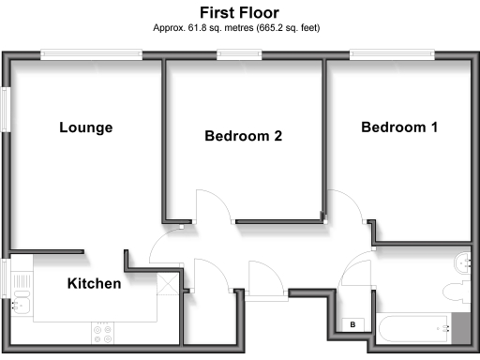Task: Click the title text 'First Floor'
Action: click(x=239, y=12)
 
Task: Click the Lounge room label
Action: click(x=85, y=127)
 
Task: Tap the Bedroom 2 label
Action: click(x=244, y=136)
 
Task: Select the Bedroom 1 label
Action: click(x=399, y=127)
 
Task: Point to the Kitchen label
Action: click(x=94, y=283)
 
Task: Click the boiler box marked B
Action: click(x=352, y=324)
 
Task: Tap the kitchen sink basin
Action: click(x=20, y=302)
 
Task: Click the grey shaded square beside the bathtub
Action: click(x=463, y=325)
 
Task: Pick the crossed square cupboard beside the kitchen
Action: click(x=170, y=286)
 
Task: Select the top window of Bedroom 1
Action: click(x=395, y=55)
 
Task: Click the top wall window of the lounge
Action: click(x=91, y=55)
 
